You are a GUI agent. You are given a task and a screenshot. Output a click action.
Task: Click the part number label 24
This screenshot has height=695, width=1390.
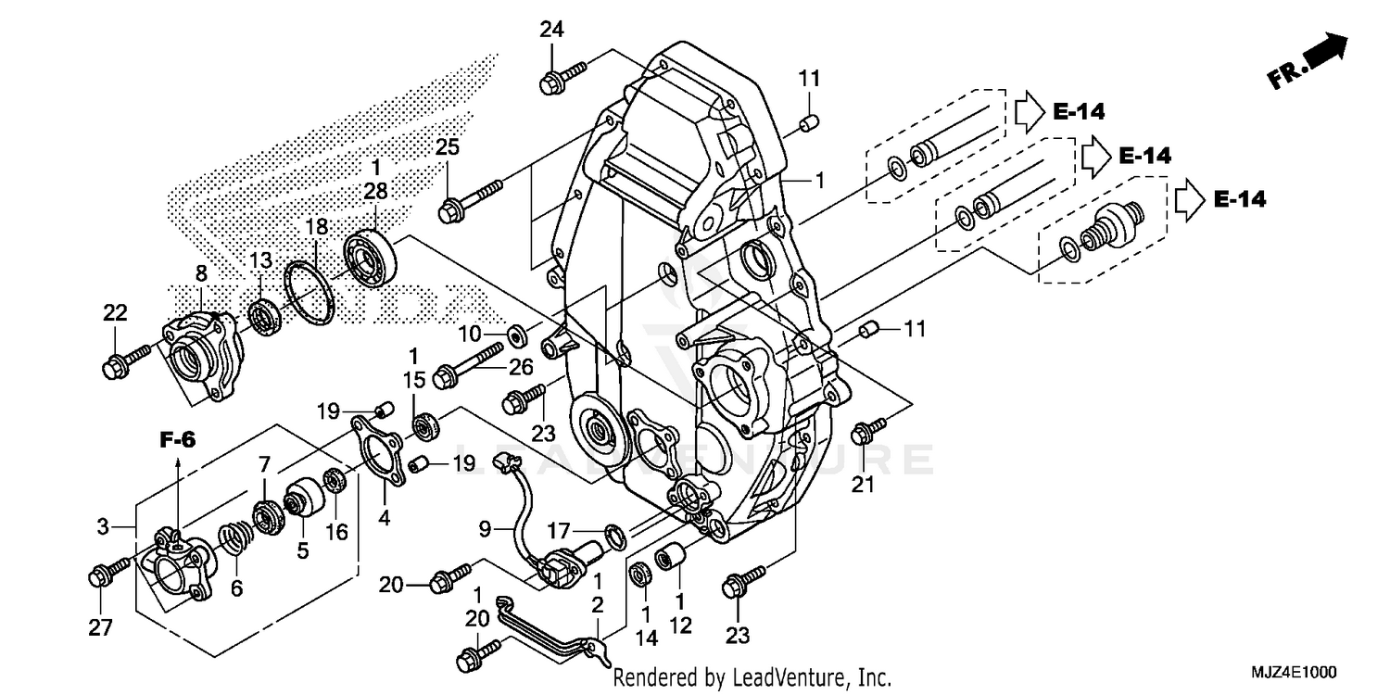pos(552,31)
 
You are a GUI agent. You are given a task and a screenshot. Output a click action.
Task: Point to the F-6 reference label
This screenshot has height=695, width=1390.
pos(177,441)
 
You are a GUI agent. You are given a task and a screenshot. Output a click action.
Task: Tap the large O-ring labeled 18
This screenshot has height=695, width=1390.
pos(309,294)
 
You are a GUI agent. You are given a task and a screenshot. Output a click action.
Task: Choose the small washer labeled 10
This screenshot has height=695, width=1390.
pos(517,331)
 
